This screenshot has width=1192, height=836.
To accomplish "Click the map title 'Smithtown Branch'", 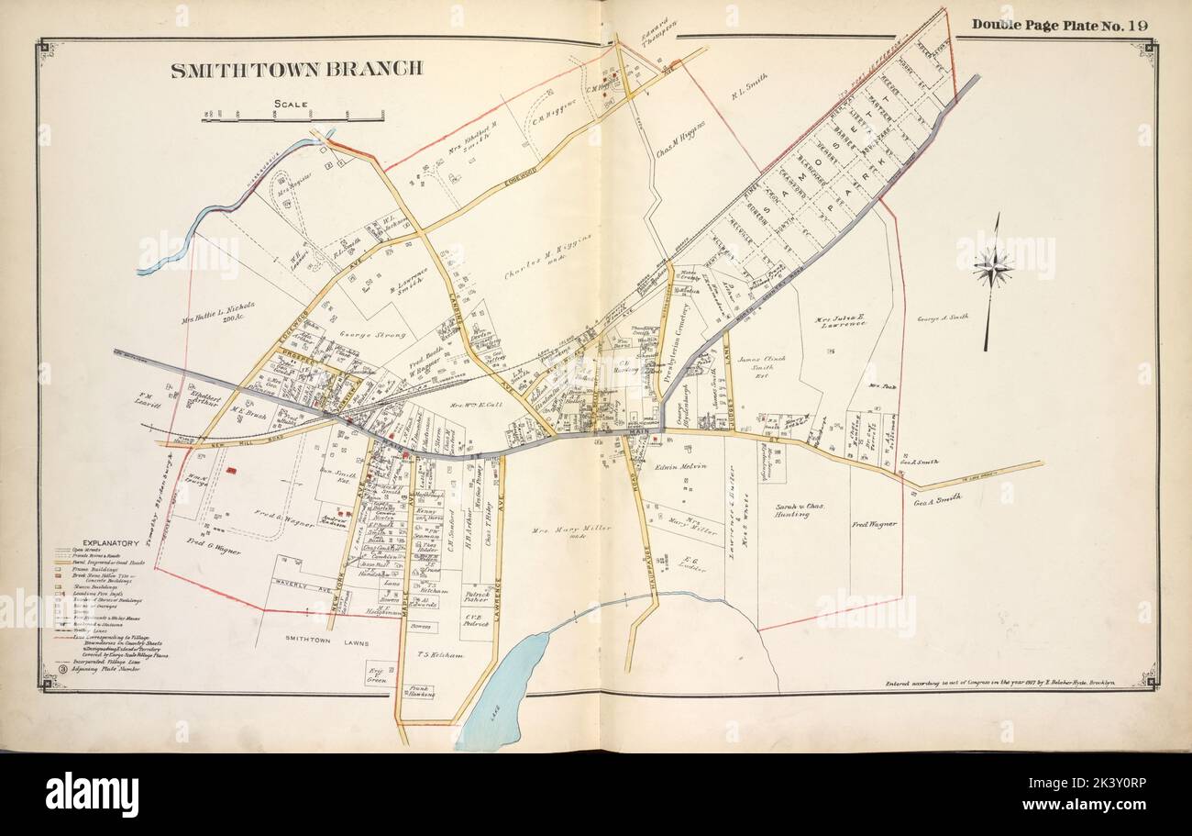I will pyautogui.click(x=296, y=69).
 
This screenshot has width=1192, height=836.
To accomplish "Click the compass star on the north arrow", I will pyautogui.click(x=992, y=269).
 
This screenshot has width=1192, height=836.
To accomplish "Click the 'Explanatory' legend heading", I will pyautogui.click(x=110, y=543).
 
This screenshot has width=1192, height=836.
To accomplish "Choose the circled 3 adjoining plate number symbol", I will pyautogui.click(x=61, y=669).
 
